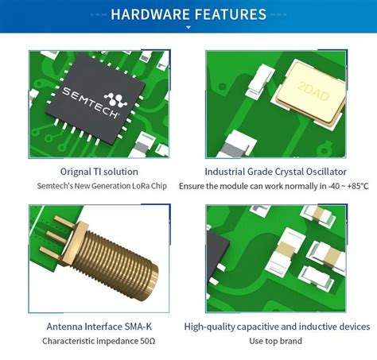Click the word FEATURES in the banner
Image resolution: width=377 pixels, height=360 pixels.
tap(227, 14)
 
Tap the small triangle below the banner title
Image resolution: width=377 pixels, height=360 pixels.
tap(188, 27)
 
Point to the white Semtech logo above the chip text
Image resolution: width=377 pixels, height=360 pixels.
tap(116, 99)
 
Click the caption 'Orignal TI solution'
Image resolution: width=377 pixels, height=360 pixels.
tap(99, 171)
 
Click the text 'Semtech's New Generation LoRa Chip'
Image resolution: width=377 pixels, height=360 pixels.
tap(99, 186)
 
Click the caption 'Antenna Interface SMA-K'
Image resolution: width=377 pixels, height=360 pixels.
tap(99, 326)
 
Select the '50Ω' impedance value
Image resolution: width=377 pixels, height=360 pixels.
tap(146, 341)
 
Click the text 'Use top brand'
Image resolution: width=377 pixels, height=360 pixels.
tap(276, 341)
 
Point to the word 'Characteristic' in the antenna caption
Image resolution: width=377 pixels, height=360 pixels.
tap(72, 341)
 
